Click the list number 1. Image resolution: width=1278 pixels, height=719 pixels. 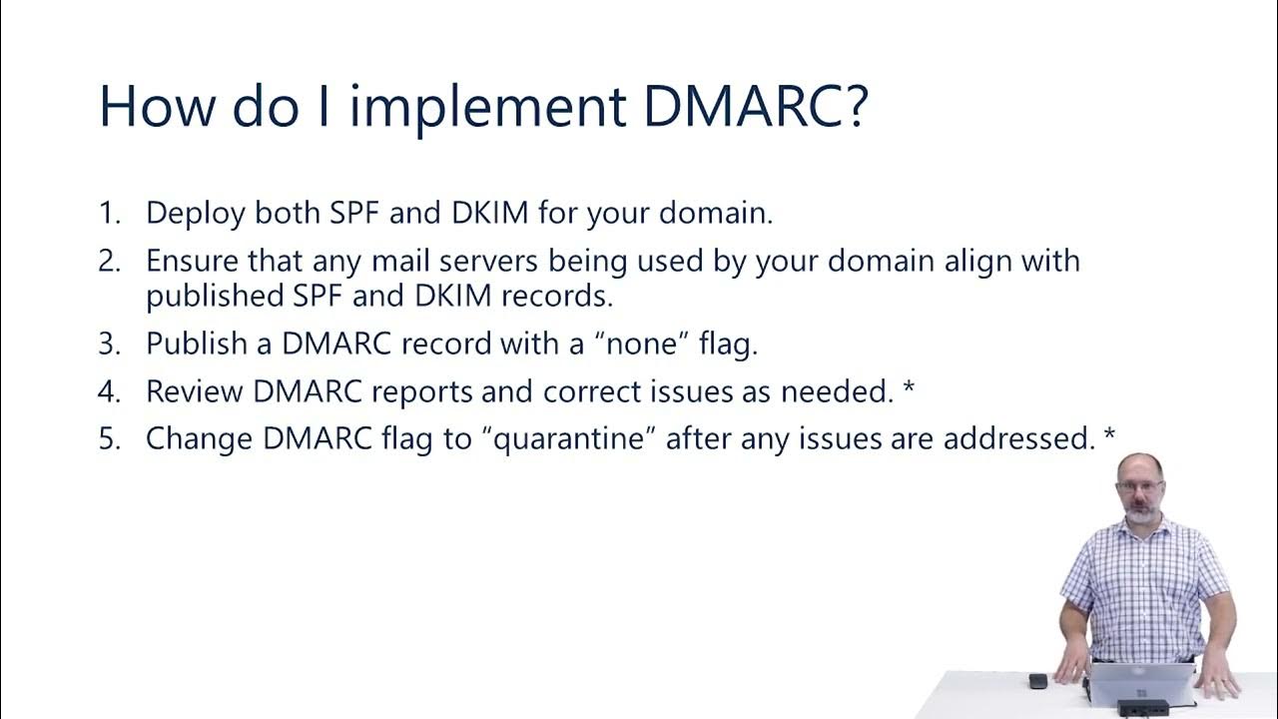[x=107, y=213]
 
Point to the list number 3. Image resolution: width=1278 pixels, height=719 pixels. [x=108, y=344]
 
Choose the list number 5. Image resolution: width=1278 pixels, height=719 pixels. [x=108, y=438]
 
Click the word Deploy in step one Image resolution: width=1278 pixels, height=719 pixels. [x=196, y=214]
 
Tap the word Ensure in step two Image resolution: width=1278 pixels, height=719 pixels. [x=192, y=262]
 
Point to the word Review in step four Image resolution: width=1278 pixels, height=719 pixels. [x=195, y=391]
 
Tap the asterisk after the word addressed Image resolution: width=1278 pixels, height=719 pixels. [x=1110, y=435]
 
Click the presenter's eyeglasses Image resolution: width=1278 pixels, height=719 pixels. [x=1140, y=486]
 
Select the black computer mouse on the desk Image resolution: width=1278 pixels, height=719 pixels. [x=1038, y=680]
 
